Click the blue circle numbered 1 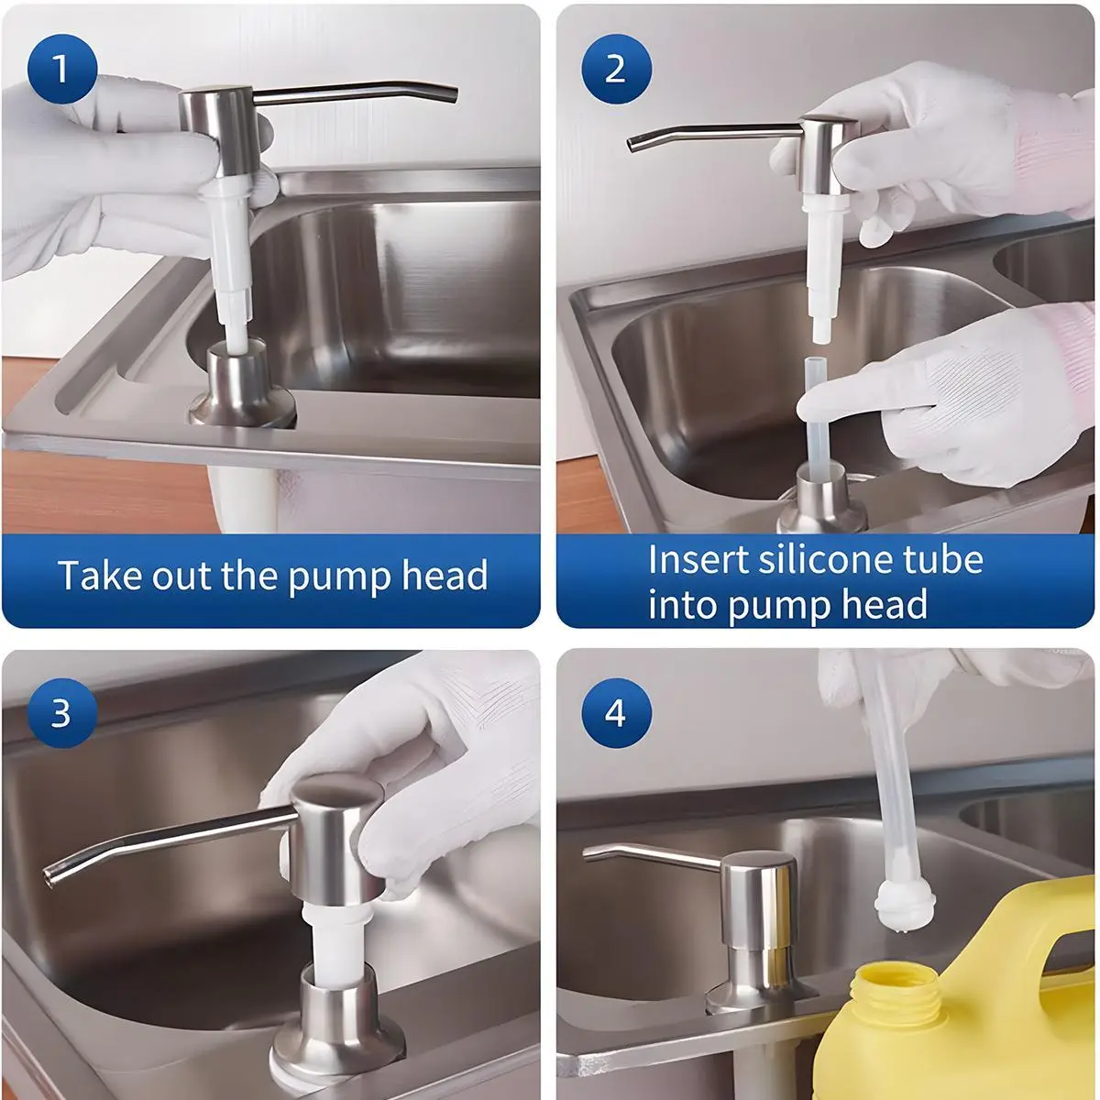pos(62,69)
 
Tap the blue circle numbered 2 pos(616,69)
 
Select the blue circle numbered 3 pos(62,713)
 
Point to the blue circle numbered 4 pos(616,713)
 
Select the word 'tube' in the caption pos(941,559)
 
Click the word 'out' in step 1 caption pos(180,576)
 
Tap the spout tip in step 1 pos(451,95)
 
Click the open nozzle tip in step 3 pos(50,877)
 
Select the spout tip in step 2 pos(633,146)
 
